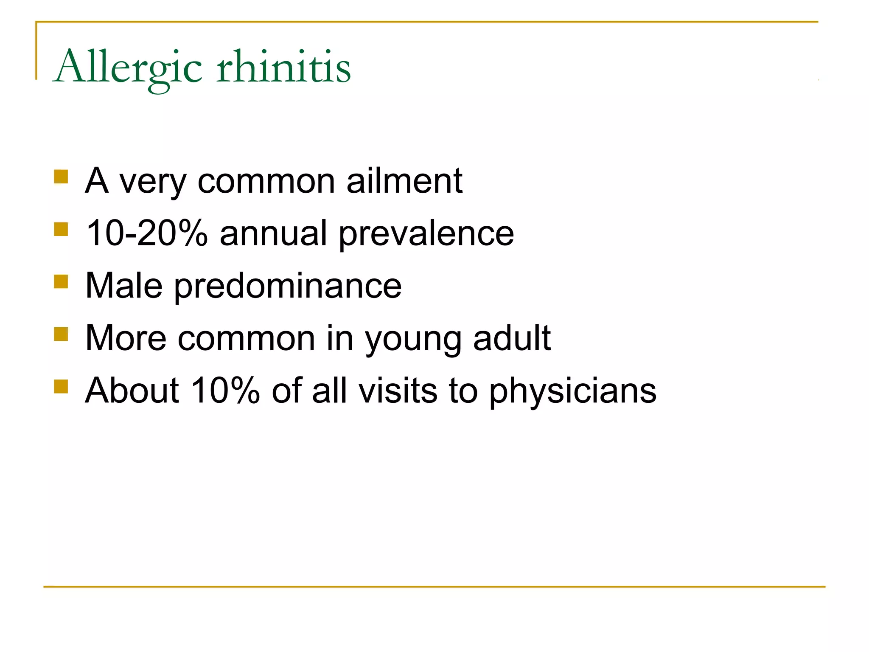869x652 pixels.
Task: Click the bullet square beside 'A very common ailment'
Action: tap(61, 177)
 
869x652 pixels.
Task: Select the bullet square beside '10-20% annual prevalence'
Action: tap(61, 229)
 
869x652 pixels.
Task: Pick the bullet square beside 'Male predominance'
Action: tap(61, 281)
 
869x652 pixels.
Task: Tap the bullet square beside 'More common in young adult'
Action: tap(61, 334)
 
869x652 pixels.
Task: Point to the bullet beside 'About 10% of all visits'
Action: tap(61, 387)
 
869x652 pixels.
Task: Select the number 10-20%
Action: tap(147, 233)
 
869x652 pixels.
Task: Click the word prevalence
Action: tap(426, 234)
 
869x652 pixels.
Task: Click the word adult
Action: tap(512, 338)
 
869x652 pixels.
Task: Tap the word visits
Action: tap(398, 391)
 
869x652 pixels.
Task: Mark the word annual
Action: tap(273, 233)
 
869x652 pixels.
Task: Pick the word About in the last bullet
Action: tap(132, 391)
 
